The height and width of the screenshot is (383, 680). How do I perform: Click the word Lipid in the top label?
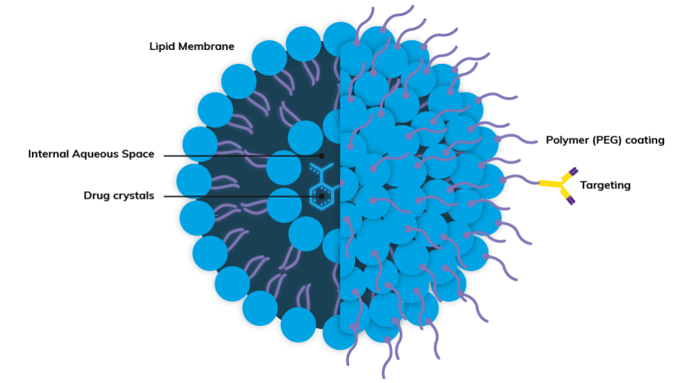click(x=162, y=47)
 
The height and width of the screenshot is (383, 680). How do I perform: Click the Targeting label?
click(x=605, y=186)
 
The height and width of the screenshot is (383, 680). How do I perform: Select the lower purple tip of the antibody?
click(x=571, y=200)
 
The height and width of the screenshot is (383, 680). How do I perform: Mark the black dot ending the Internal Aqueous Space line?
click(x=322, y=156)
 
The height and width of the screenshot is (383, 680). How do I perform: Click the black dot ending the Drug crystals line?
click(x=322, y=197)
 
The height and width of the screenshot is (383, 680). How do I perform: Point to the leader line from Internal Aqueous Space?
click(x=243, y=156)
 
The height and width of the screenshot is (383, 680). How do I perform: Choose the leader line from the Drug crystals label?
click(x=243, y=197)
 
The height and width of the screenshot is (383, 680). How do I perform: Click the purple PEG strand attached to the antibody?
click(x=520, y=179)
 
